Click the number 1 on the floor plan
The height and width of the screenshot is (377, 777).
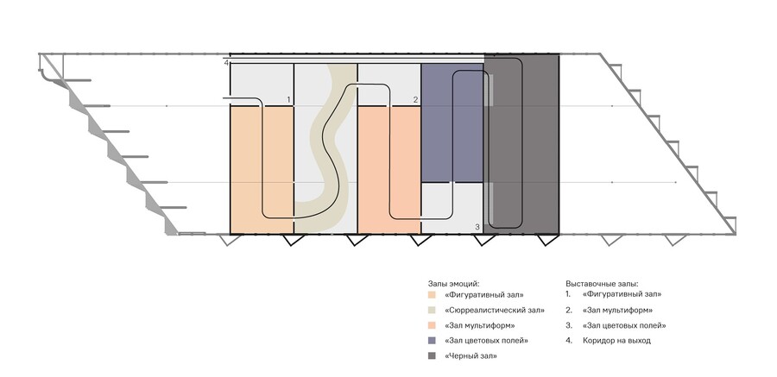(287, 100)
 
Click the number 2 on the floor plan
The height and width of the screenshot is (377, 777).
(416, 100)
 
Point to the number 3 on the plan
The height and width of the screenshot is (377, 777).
(477, 227)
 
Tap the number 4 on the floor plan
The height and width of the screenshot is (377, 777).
(226, 63)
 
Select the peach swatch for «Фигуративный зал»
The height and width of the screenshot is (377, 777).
(433, 295)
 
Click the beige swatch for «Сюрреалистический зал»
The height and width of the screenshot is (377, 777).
(433, 311)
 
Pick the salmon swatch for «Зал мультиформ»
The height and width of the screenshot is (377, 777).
(433, 326)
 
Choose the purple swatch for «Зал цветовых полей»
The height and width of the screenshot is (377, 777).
(433, 341)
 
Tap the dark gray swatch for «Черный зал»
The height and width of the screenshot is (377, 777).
(433, 356)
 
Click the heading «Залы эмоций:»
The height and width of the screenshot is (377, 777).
(453, 284)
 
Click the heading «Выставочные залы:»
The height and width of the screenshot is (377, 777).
(602, 284)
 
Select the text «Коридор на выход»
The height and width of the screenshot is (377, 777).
(616, 341)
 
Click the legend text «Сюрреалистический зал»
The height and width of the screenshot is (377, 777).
(495, 311)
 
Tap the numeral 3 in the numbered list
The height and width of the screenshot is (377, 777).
(568, 326)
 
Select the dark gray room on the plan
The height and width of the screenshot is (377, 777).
(521, 144)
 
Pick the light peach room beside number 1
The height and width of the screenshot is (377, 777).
(262, 170)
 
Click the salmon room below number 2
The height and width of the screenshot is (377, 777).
(389, 170)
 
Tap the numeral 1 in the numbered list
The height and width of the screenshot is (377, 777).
(567, 294)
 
